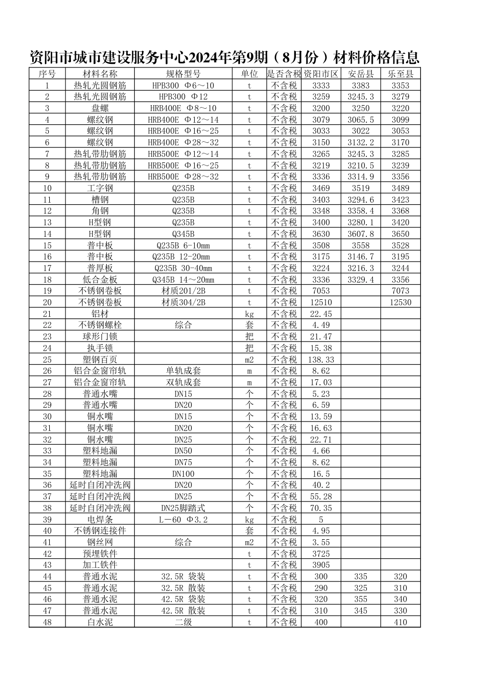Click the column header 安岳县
361,74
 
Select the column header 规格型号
183,74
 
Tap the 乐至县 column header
401,74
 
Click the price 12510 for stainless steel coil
321,302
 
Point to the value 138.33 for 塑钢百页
321,360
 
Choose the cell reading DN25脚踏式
183,508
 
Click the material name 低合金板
100,280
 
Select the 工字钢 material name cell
100,188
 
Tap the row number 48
47,622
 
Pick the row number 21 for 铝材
47,314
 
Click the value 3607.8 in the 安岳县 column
361,234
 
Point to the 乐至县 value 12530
401,302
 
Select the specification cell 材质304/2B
183,302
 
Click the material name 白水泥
100,622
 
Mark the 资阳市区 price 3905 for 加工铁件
321,565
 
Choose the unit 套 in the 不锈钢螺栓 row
249,325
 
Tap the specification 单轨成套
183,371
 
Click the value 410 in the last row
401,622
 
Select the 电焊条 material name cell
100,520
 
